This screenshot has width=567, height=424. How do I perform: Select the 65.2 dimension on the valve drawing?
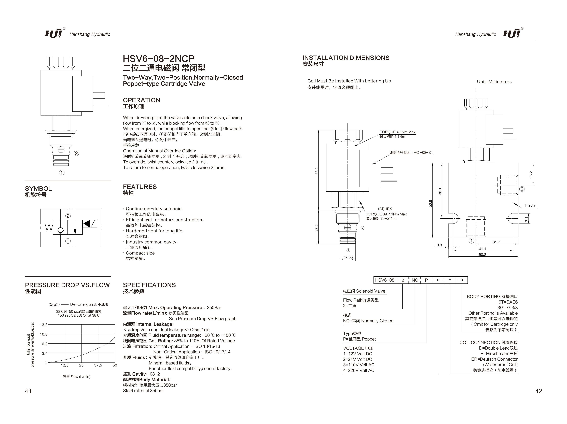point(317,171)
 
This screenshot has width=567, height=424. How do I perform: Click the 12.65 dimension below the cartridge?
point(348,257)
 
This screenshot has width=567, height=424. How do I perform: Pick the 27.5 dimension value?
point(317,228)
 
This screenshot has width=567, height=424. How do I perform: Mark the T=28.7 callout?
point(530,205)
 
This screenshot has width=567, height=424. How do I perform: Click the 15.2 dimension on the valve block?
point(531,175)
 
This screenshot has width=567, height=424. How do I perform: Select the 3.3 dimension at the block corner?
point(439,245)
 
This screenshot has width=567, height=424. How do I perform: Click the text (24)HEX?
point(385,209)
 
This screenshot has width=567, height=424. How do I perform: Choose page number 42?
point(538,391)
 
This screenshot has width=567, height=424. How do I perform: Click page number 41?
point(28,391)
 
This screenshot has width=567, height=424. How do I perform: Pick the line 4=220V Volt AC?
point(359,370)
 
